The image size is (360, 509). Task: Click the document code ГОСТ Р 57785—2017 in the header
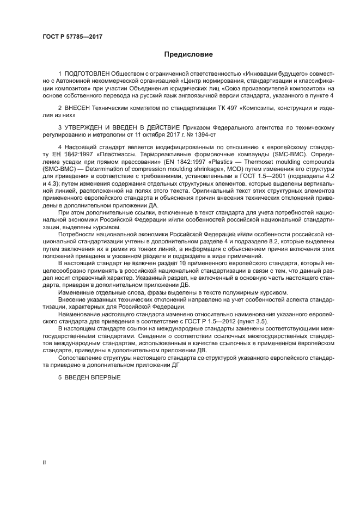coord(72,37)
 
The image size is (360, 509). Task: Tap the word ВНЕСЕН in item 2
coord(80,109)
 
